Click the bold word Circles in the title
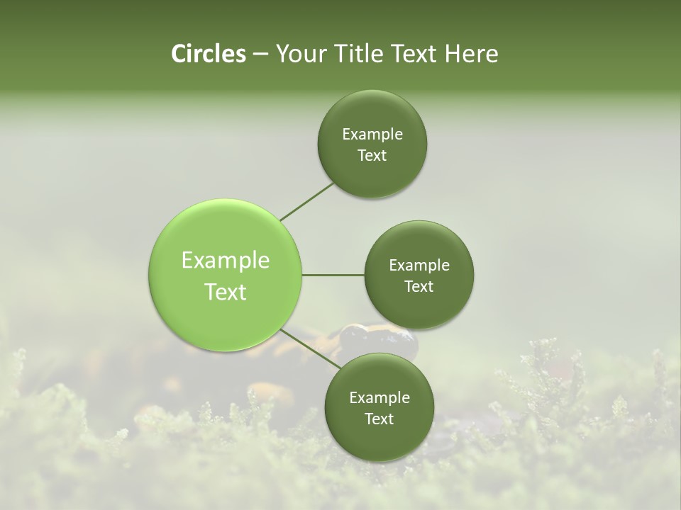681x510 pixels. pyautogui.click(x=208, y=54)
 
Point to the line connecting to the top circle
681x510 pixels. pyautogui.click(x=306, y=201)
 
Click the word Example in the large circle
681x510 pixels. pyautogui.click(x=226, y=261)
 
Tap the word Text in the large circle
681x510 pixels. pyautogui.click(x=226, y=292)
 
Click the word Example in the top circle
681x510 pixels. pyautogui.click(x=372, y=135)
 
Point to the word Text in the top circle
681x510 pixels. pyautogui.click(x=372, y=156)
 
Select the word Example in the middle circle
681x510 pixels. pyautogui.click(x=419, y=266)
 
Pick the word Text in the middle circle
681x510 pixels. pyautogui.click(x=419, y=287)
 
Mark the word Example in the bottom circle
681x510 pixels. pyautogui.click(x=380, y=398)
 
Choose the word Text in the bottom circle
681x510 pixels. pyautogui.click(x=379, y=419)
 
